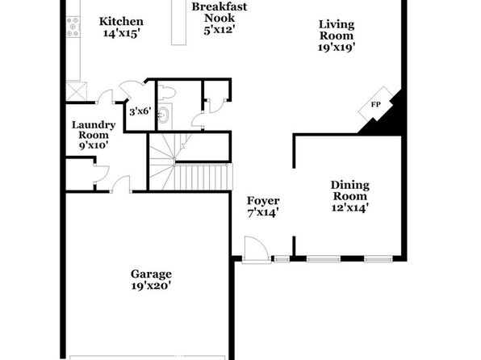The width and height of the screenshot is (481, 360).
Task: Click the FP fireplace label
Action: (x=376, y=105)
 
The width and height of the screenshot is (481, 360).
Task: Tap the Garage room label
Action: (x=151, y=274)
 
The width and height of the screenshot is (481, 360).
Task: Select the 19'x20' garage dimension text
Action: (x=151, y=286)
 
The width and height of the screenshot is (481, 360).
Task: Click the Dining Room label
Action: (x=350, y=190)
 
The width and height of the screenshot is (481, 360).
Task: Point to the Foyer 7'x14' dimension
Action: (x=263, y=212)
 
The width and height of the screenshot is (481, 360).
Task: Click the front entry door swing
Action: (x=256, y=249)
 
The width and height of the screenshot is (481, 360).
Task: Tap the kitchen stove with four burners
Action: (x=73, y=27)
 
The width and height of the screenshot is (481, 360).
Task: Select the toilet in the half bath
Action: (x=166, y=92)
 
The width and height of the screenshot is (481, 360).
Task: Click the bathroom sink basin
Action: (x=163, y=115)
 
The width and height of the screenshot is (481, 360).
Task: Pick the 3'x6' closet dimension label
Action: (x=140, y=111)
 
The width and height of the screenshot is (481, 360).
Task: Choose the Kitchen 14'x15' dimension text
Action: (x=122, y=33)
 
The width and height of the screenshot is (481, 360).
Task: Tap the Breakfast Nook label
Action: (x=220, y=12)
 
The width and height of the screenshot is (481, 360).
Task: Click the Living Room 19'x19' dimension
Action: (x=337, y=48)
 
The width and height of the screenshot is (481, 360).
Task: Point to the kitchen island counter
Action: (x=178, y=23)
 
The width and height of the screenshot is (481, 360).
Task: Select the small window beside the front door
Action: (x=282, y=260)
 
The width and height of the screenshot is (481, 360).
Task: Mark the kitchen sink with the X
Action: (x=77, y=90)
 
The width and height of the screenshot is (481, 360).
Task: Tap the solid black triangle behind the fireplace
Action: (x=387, y=118)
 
